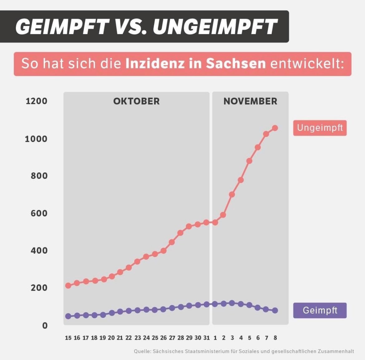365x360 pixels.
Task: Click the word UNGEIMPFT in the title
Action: point(215,26)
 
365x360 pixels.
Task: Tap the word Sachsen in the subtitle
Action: point(236,64)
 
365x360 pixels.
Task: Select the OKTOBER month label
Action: point(136,101)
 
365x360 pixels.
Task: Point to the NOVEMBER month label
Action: point(250,101)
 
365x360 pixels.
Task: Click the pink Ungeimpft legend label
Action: point(320,128)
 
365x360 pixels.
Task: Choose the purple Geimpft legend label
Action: point(320,310)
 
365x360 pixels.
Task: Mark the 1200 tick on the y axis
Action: point(36,101)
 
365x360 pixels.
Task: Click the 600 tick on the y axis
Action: point(39,213)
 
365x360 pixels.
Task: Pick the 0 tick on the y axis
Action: point(45,325)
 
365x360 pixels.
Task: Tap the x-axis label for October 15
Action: point(68,338)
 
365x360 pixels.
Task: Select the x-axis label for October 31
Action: point(207,338)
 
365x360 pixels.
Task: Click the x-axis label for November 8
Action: point(275,338)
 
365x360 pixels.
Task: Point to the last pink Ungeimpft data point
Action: point(275,128)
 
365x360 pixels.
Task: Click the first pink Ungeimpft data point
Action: point(68,285)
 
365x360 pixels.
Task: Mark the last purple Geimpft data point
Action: point(275,310)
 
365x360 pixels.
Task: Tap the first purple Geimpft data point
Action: point(68,316)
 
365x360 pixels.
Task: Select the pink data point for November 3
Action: point(232,194)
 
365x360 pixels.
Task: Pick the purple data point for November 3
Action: point(232,303)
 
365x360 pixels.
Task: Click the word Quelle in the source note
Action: point(142,351)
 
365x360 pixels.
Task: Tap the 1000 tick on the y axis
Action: point(36,139)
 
